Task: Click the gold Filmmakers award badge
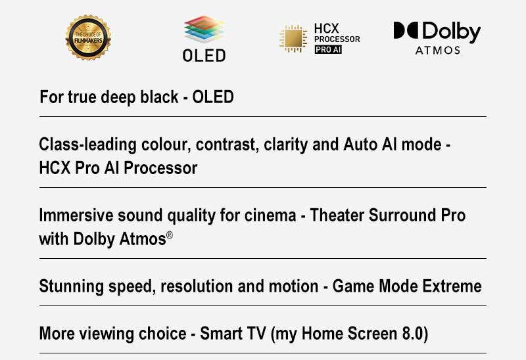click(88, 37)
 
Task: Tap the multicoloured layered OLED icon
click(204, 30)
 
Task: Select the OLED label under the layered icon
click(204, 55)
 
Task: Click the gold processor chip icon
click(293, 38)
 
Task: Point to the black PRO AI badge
click(328, 49)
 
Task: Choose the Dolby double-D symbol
click(406, 30)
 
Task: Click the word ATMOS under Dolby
click(437, 51)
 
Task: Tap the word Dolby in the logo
click(451, 32)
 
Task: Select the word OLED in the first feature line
click(213, 97)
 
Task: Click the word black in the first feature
click(159, 97)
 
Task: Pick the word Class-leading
click(87, 145)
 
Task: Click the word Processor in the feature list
click(160, 168)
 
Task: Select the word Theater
click(337, 215)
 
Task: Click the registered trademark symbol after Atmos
click(170, 235)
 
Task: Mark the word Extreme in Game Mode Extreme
click(452, 286)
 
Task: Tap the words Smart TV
click(233, 334)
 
